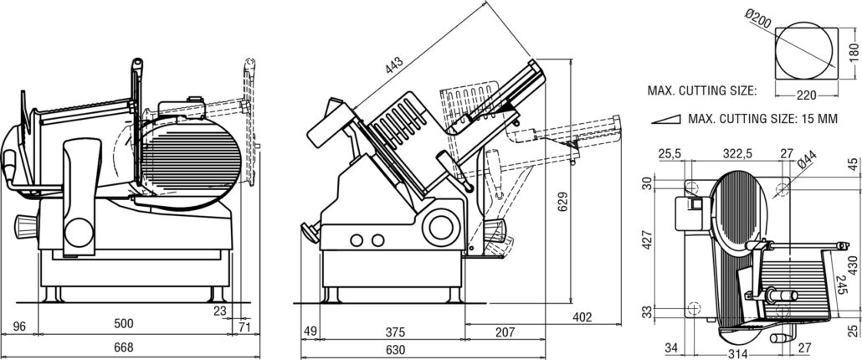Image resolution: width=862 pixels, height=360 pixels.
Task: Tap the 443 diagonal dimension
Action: click(393, 62)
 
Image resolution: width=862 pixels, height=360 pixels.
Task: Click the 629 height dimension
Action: click(562, 200)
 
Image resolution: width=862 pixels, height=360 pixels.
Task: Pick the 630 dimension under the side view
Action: click(395, 349)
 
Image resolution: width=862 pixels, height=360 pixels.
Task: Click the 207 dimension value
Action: click(504, 332)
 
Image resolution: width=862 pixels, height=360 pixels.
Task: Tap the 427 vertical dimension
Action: click(645, 243)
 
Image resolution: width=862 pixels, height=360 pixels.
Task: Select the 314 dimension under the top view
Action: click(736, 353)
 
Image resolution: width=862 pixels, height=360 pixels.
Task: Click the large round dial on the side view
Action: click(440, 225)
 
